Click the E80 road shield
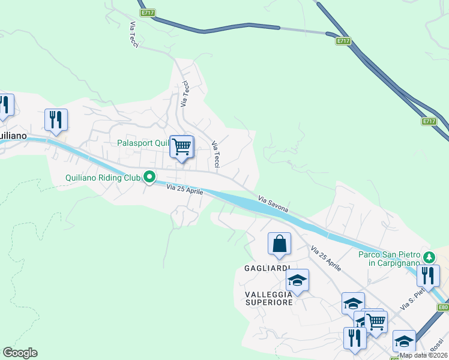(x=443, y=308)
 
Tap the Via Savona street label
(x=273, y=204)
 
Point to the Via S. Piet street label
(x=412, y=298)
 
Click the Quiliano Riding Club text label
(x=103, y=178)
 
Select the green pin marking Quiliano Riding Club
(x=149, y=177)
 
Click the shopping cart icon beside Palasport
(x=181, y=146)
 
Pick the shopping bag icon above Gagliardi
(x=279, y=244)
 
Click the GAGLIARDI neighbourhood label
(x=268, y=268)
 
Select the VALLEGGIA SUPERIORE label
(x=270, y=298)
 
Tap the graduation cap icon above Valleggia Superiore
(x=297, y=280)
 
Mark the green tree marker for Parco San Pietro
(x=429, y=257)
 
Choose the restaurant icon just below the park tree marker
(x=428, y=275)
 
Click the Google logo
(x=20, y=353)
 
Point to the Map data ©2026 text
(x=424, y=355)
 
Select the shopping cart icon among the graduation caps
(x=376, y=320)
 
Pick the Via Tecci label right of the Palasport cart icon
(x=216, y=154)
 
